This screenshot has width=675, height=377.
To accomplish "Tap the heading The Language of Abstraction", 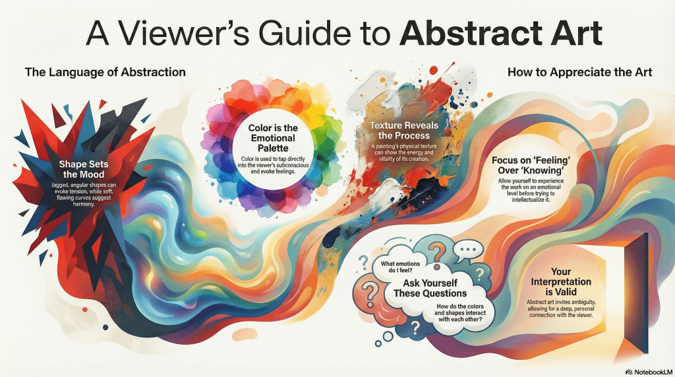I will point(105,72).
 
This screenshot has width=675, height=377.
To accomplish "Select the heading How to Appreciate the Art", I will point(579,72).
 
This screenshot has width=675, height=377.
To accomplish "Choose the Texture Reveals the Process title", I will point(403,130).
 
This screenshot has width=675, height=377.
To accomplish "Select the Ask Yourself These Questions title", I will point(425,288).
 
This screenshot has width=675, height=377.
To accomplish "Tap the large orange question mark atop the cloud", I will point(436,251).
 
